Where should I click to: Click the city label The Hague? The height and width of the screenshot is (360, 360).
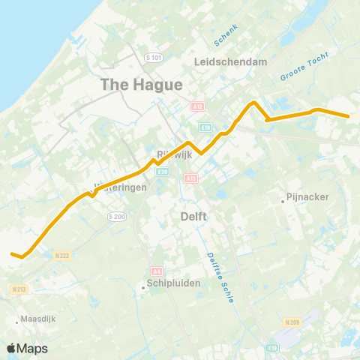[142, 85]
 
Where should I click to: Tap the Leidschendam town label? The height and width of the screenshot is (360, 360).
[230, 62]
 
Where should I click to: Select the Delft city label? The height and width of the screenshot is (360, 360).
[193, 216]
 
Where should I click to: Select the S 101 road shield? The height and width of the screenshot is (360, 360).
[154, 58]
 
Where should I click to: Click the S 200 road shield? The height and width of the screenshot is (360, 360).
[115, 216]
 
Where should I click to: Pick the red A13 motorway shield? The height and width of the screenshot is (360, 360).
[190, 178]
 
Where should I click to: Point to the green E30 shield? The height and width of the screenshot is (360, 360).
[162, 172]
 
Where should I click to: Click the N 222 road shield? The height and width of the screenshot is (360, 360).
[62, 256]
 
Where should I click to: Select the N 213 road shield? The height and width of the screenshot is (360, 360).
[19, 289]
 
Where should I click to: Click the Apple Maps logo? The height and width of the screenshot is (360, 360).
[28, 348]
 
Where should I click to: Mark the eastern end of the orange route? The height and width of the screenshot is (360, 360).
[349, 116]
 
